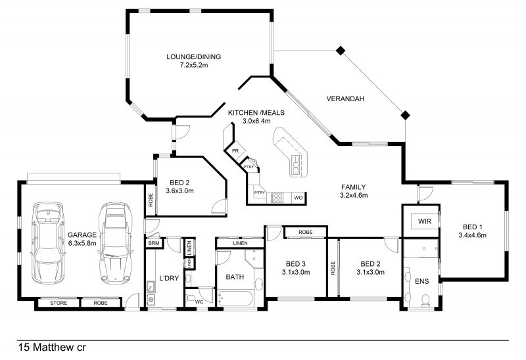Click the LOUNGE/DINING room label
(x=193, y=56)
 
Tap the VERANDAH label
(x=345, y=99)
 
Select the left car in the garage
(x=47, y=242)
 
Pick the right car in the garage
(x=116, y=242)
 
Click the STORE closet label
(x=59, y=303)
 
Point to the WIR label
(x=424, y=221)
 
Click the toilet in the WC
(x=192, y=298)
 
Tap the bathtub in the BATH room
(x=235, y=298)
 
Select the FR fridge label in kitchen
(x=235, y=151)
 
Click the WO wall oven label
(x=299, y=198)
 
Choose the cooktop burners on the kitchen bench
(x=278, y=198)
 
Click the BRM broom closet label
(x=154, y=243)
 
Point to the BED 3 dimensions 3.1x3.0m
(x=296, y=272)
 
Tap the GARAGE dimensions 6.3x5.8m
(x=82, y=243)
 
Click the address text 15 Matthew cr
(x=52, y=348)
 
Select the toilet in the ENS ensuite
(x=425, y=300)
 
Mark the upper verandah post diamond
(x=341, y=51)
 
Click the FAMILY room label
(x=353, y=187)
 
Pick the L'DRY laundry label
(x=169, y=278)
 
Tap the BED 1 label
(x=472, y=227)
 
